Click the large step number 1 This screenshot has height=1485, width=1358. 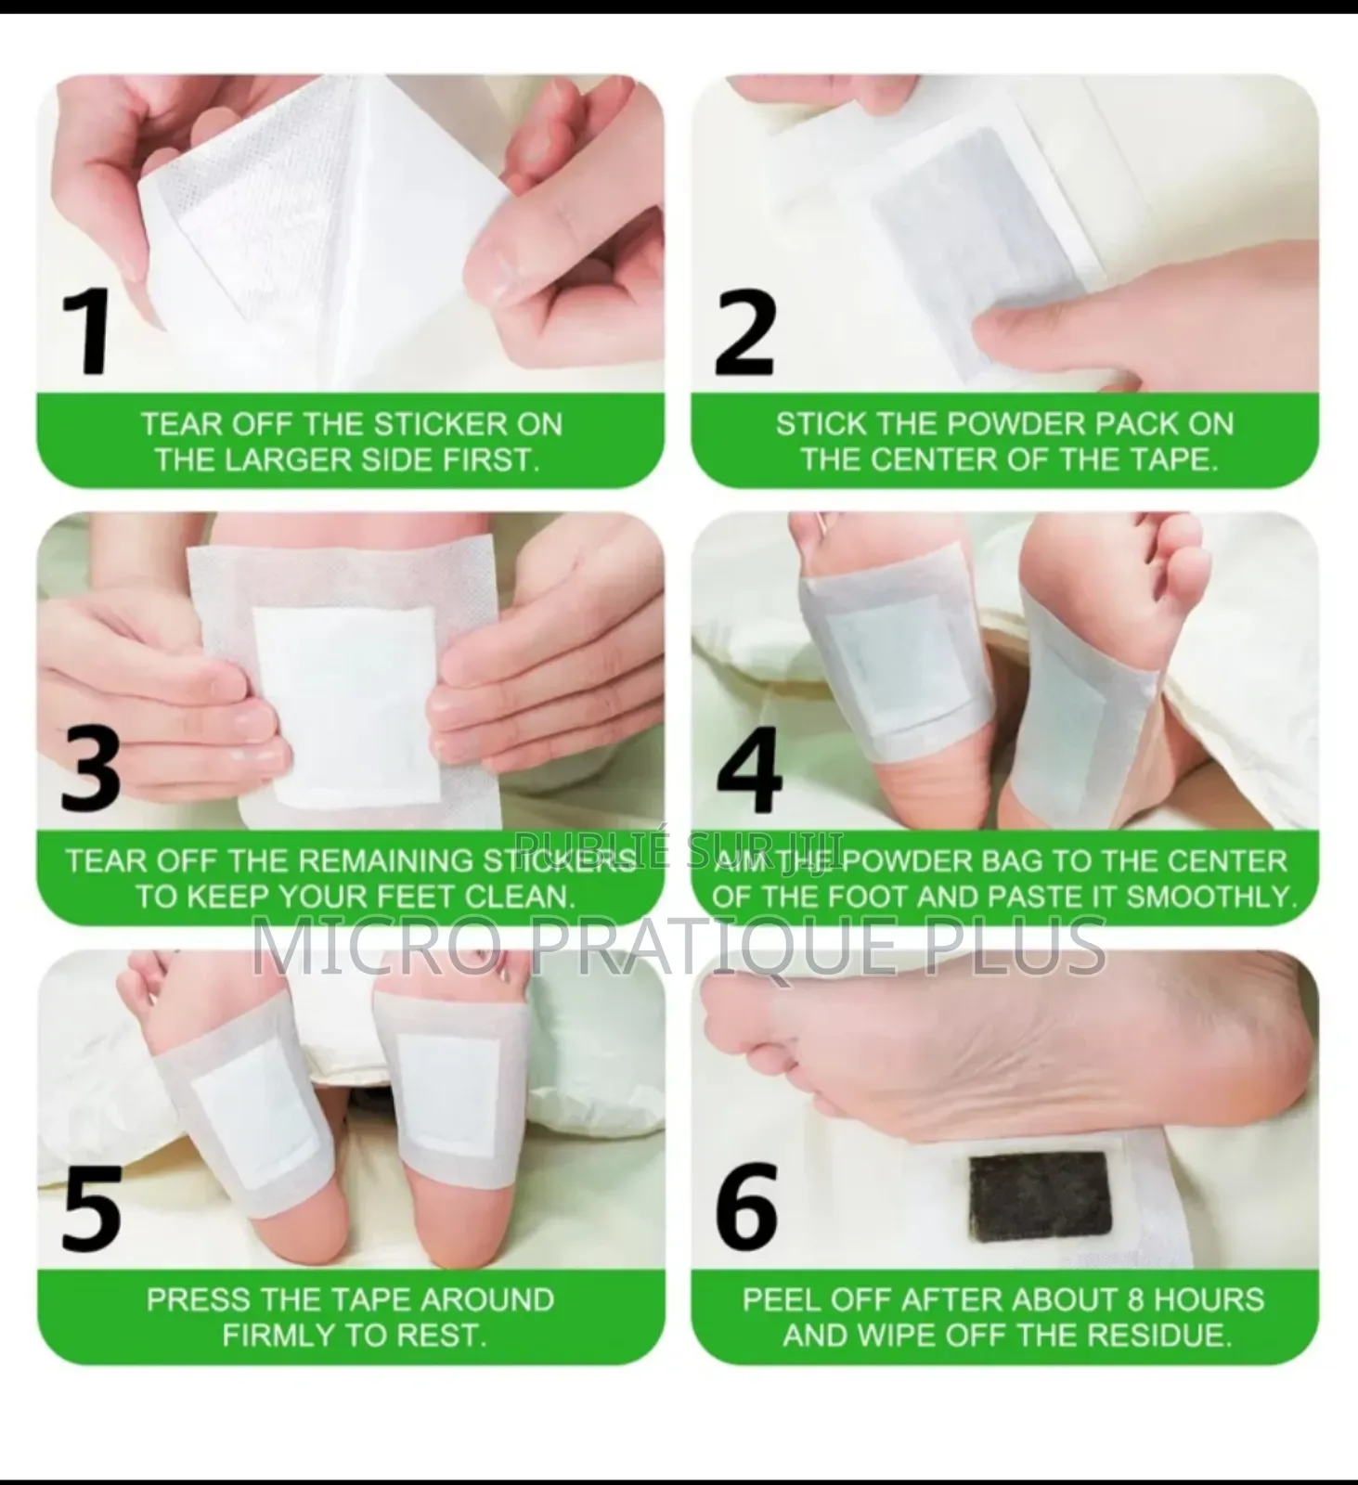[x=89, y=332]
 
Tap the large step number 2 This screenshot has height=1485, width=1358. [x=744, y=332]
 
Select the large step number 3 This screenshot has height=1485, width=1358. [x=90, y=768]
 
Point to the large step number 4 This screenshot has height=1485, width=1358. [x=749, y=768]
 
